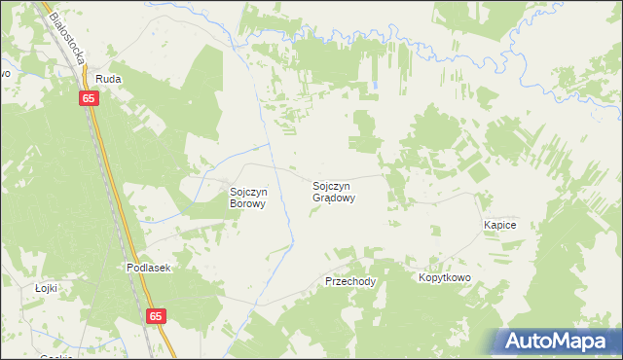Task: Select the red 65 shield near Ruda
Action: tap(89, 98)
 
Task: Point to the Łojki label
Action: tap(46, 288)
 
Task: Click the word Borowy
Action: tap(247, 204)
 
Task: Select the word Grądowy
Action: tap(334, 198)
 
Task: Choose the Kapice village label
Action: tap(499, 225)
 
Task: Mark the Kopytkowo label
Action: tap(445, 278)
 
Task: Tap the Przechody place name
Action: tap(349, 281)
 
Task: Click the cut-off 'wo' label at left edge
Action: tap(4, 73)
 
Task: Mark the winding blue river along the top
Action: tap(409, 44)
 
